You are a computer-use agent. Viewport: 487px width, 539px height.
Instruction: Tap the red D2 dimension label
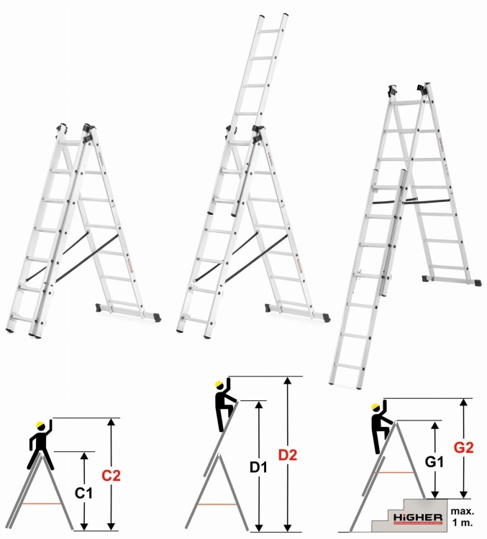tap(288, 456)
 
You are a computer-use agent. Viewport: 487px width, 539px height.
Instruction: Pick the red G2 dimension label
tap(466, 447)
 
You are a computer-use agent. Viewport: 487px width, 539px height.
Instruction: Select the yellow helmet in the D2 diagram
tap(220, 384)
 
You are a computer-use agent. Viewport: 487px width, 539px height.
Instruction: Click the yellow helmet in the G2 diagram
tap(376, 407)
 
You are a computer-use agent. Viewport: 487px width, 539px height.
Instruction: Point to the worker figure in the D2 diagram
tap(224, 406)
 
